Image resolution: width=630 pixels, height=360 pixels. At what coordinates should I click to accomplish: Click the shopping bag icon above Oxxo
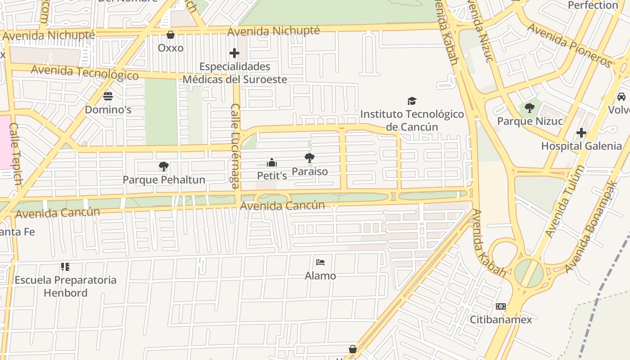coord(171,35)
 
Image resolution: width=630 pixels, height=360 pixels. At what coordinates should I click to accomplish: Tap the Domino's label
coord(108,110)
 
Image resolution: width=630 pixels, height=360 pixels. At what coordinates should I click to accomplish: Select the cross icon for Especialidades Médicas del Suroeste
coord(234,54)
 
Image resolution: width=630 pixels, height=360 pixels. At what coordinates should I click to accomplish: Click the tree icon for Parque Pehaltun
coord(164,166)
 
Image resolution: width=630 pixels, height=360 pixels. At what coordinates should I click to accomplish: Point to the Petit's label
coord(272,175)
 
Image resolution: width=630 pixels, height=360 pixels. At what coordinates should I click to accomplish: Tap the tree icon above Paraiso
coord(309,158)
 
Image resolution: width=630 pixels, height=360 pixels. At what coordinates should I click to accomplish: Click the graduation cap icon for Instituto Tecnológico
coord(411,101)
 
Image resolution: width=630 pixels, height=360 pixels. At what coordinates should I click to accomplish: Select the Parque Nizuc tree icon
coord(529,108)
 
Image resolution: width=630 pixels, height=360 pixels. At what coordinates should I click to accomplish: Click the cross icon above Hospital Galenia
coord(581,133)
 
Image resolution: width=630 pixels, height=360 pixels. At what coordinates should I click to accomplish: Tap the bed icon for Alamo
coord(320,262)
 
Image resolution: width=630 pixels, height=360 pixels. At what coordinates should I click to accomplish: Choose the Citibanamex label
coord(501,319)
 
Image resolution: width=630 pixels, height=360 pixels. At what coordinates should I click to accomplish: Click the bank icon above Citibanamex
coord(500,306)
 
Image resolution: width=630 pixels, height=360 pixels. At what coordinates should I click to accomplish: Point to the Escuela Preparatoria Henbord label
coord(65,286)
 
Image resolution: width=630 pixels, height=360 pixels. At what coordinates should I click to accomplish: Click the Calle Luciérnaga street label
coord(235,145)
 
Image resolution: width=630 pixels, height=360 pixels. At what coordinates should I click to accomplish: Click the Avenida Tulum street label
coord(565,201)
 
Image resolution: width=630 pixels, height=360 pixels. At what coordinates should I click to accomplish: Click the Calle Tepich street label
coord(15,153)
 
